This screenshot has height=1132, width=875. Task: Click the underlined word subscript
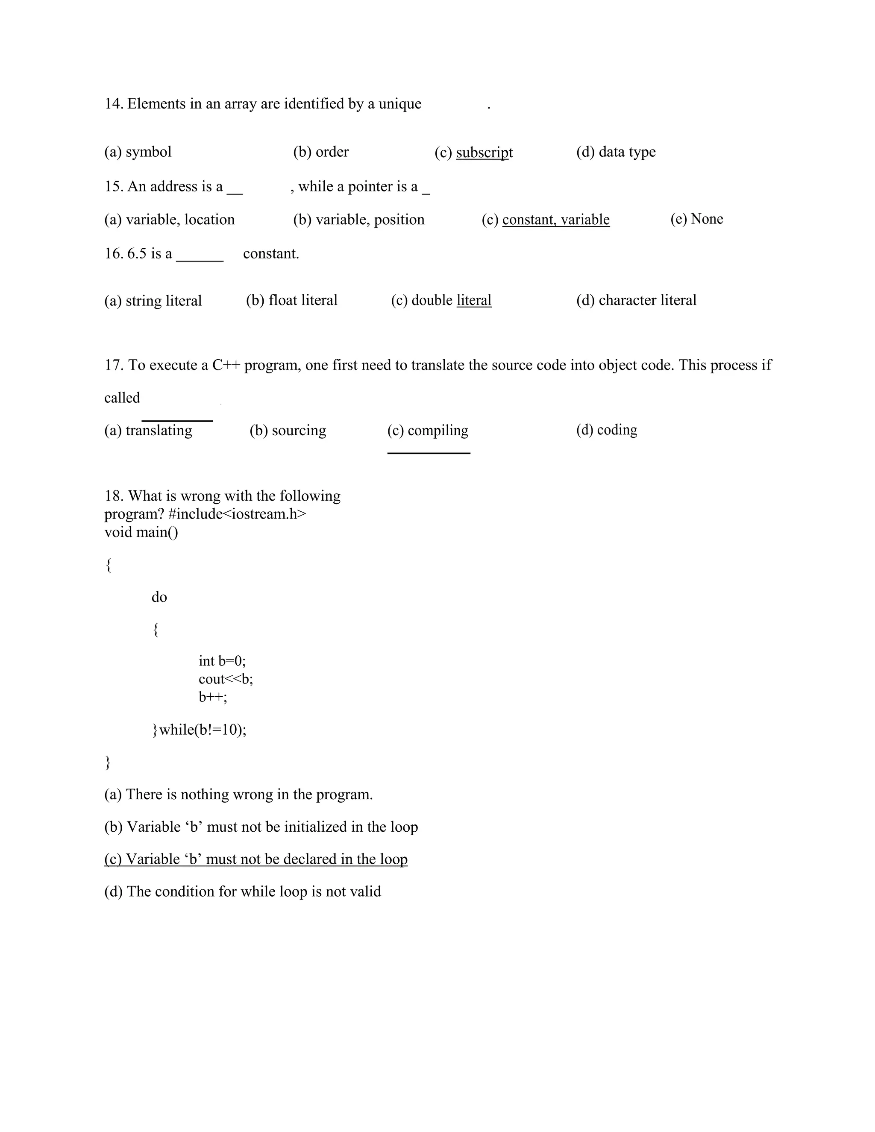tap(484, 152)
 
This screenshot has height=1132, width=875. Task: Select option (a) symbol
tap(138, 152)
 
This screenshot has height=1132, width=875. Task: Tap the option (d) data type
tap(616, 152)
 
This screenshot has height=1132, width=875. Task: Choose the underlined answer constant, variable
tap(556, 220)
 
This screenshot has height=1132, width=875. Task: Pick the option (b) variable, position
tap(359, 220)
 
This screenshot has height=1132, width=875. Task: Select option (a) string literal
tap(153, 301)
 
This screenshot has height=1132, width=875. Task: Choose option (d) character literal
tap(636, 300)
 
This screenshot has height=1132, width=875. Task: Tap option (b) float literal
tap(291, 300)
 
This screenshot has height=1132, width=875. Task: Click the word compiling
tap(437, 430)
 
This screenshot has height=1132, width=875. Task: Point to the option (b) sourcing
tap(288, 430)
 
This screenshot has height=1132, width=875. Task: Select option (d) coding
tap(607, 430)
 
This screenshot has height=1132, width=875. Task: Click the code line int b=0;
tap(222, 661)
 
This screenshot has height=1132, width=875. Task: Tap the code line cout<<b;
tap(226, 679)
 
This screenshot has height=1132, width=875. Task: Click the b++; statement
tap(212, 697)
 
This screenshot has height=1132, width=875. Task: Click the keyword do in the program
tap(159, 597)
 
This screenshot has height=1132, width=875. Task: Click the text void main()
tap(141, 532)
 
